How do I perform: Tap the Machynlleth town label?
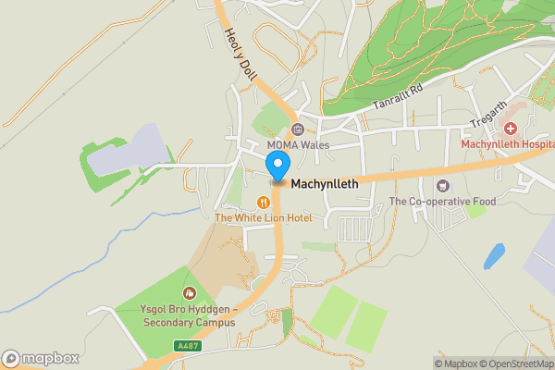[x=325, y=184]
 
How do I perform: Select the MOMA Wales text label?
[x=298, y=145]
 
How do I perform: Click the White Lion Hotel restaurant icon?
[x=264, y=202]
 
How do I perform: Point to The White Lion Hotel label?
[x=264, y=217]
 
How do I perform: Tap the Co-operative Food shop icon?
[x=442, y=186]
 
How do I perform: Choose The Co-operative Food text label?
[x=442, y=202]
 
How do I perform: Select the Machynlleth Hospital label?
[x=507, y=143]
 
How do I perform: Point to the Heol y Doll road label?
[x=239, y=55]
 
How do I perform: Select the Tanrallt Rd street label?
[x=398, y=96]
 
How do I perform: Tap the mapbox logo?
[x=41, y=358]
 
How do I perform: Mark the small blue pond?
[x=494, y=255]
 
